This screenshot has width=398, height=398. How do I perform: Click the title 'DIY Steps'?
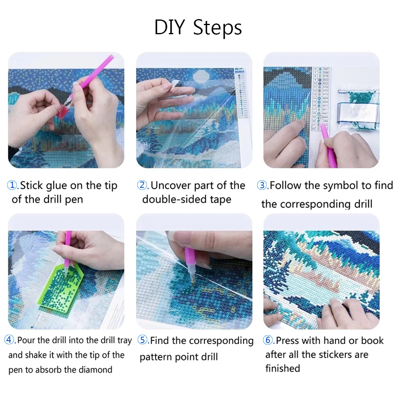[x=198, y=28]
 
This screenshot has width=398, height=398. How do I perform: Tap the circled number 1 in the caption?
[x=13, y=185]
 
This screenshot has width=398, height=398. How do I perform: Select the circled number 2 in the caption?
[x=142, y=185]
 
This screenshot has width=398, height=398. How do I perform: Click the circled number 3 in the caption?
[x=262, y=185]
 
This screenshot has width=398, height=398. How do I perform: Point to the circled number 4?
[x=10, y=340]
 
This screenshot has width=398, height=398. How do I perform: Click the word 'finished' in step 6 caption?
[x=283, y=369]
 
